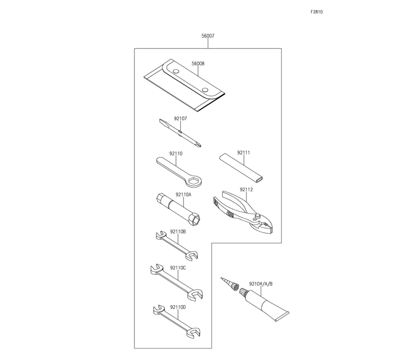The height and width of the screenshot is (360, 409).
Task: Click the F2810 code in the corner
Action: (x=317, y=12)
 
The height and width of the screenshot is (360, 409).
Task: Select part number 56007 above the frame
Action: (x=208, y=36)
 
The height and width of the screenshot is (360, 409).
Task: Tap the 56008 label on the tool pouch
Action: (x=198, y=64)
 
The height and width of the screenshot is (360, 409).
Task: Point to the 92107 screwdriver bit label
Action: (x=180, y=119)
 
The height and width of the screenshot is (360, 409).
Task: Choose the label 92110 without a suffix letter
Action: (x=175, y=154)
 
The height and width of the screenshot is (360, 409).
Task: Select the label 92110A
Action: (x=183, y=195)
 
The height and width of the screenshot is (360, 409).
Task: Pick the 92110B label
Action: (x=178, y=231)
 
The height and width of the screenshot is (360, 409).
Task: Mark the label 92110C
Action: (x=178, y=268)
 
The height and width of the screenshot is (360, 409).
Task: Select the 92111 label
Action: (x=243, y=153)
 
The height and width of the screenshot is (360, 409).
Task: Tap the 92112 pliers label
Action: (x=247, y=189)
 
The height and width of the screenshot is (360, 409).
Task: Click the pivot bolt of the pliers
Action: (x=258, y=216)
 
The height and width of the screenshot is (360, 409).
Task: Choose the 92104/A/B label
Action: (x=261, y=283)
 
